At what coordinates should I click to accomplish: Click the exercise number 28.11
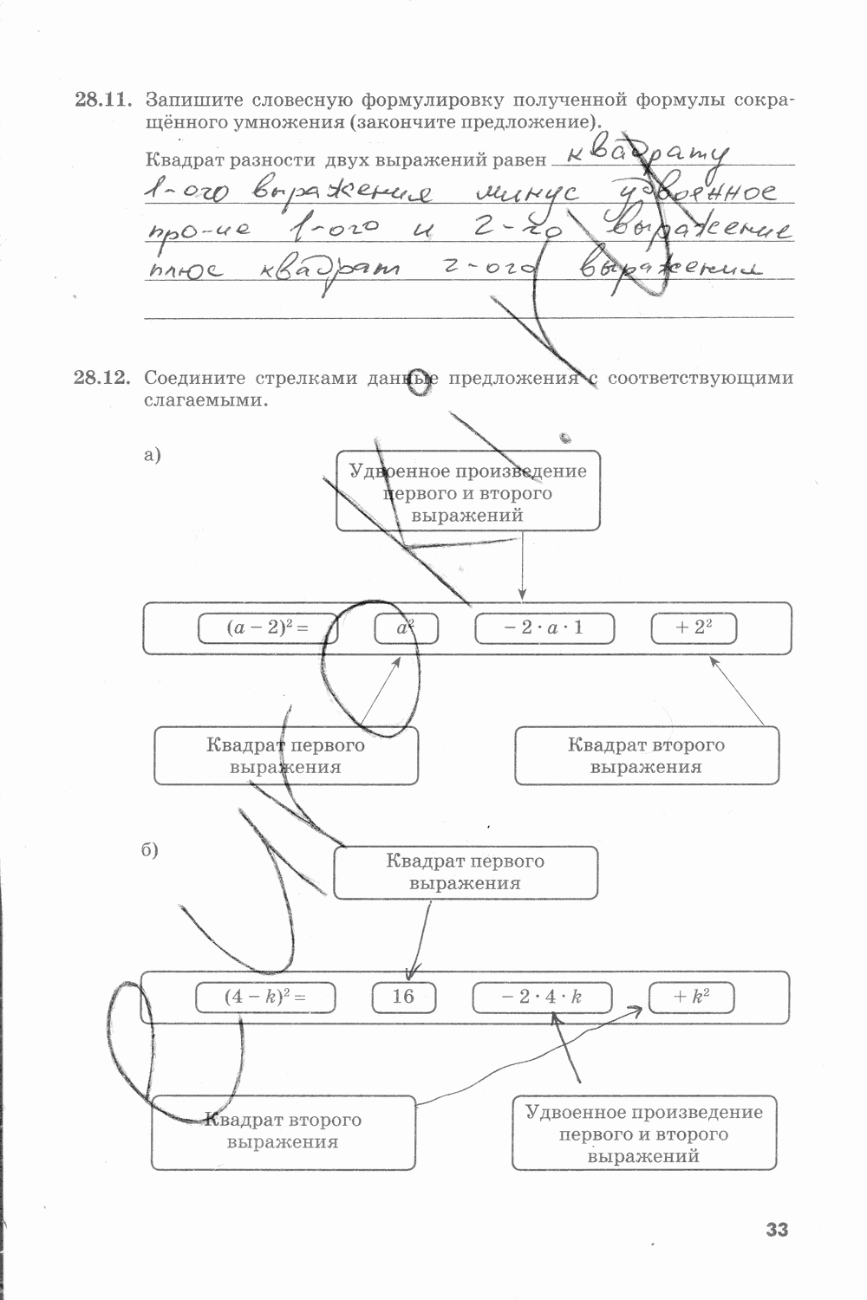pyautogui.click(x=102, y=100)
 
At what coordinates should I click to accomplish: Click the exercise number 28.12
pyautogui.click(x=102, y=378)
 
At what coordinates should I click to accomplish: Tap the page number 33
pyautogui.click(x=777, y=1229)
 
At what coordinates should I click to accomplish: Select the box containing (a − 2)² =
pyautogui.click(x=267, y=628)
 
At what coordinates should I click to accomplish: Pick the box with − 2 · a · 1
pyautogui.click(x=544, y=628)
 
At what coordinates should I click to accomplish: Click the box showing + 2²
pyautogui.click(x=694, y=628)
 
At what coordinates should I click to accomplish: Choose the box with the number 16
pyautogui.click(x=404, y=997)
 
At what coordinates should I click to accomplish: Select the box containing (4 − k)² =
pyautogui.click(x=265, y=997)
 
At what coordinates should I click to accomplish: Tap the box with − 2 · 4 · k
pyautogui.click(x=542, y=997)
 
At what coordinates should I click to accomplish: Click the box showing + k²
pyautogui.click(x=691, y=997)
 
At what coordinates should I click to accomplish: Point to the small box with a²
pyautogui.click(x=406, y=628)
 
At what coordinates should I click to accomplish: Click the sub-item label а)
pyautogui.click(x=153, y=454)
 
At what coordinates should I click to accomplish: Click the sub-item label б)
pyautogui.click(x=151, y=850)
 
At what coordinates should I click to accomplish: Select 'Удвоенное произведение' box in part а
pyautogui.click(x=468, y=492)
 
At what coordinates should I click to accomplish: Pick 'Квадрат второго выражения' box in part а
pyautogui.click(x=646, y=756)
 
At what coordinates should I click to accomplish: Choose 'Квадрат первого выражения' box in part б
pyautogui.click(x=466, y=873)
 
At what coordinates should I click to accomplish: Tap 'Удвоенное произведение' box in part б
pyautogui.click(x=643, y=1134)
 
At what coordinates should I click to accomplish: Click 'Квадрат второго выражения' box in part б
pyautogui.click(x=283, y=1131)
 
